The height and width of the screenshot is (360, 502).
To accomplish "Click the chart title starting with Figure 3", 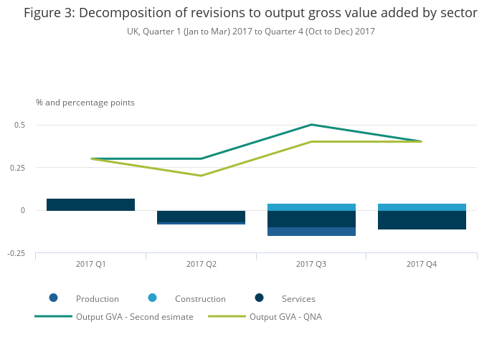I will [x=250, y=13].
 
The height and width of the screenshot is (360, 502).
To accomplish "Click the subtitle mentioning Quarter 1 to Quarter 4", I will [x=250, y=32].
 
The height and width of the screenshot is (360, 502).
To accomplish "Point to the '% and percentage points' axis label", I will [x=85, y=103].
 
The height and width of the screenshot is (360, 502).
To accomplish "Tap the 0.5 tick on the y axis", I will [x=19, y=125].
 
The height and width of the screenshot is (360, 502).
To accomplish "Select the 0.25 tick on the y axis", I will [x=17, y=168].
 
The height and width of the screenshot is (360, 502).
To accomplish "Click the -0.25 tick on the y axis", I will [x=16, y=253].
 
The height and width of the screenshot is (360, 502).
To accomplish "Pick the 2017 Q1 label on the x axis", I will [x=90, y=265].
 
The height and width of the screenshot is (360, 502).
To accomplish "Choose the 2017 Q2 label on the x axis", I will [x=201, y=265].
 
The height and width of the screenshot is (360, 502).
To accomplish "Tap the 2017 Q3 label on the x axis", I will [x=311, y=265].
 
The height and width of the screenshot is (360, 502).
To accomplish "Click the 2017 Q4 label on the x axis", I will [x=422, y=265].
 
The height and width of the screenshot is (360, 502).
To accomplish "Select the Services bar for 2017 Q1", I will [x=90, y=205].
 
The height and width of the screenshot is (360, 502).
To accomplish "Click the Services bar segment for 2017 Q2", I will [x=201, y=217].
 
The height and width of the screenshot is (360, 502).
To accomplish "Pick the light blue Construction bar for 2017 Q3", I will [x=311, y=207].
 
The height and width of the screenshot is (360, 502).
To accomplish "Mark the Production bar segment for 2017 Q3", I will [x=311, y=232].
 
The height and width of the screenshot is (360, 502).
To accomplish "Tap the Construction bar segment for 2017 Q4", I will [x=422, y=207].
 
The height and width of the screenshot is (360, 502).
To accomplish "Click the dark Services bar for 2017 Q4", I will [x=422, y=220].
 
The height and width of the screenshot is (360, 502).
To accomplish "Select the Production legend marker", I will [x=54, y=298].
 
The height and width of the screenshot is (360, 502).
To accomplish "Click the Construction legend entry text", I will [x=200, y=299].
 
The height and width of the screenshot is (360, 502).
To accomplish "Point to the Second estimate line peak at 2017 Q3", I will [x=311, y=125].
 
